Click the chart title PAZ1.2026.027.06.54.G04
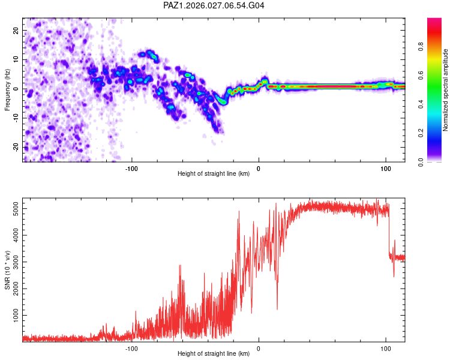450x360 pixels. (214, 6)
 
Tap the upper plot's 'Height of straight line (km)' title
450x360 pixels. (214, 174)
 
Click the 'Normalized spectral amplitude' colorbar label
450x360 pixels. (446, 90)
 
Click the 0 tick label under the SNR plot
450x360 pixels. (259, 347)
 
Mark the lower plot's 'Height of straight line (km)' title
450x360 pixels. (214, 354)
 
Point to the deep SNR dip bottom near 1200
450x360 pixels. (277, 309)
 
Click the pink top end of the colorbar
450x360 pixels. (435, 20)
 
